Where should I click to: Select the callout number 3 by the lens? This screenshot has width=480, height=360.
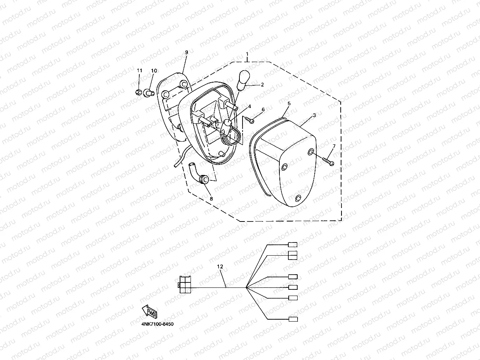click(314, 115)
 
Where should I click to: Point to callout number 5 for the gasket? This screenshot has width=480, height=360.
click(289, 104)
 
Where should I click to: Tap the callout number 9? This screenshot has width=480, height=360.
click(186, 52)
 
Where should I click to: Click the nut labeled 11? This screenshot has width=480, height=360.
click(138, 93)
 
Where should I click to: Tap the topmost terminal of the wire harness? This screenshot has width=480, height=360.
click(293, 245)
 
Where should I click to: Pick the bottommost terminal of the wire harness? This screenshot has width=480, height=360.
click(293, 319)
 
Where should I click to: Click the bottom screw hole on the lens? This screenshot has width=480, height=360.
click(298, 199)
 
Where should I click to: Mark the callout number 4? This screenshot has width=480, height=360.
click(250, 106)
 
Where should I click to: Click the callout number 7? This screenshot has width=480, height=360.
click(334, 146)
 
